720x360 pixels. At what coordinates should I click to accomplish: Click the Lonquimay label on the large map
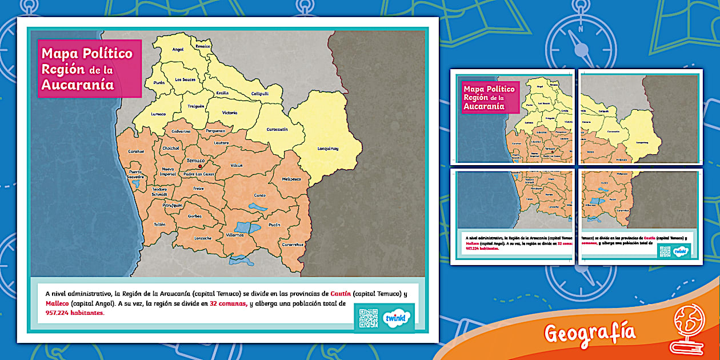click(x=328, y=149)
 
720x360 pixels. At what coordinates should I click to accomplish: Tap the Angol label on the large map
click(x=178, y=50)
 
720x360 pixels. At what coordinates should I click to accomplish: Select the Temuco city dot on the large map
click(x=200, y=167)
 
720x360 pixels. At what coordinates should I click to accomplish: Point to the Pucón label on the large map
click(x=274, y=225)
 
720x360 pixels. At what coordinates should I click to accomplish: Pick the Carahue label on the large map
click(x=136, y=151)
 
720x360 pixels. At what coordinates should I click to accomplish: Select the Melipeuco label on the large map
click(x=291, y=179)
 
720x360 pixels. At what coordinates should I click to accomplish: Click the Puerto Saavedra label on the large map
click(x=135, y=174)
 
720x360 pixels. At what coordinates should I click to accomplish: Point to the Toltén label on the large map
click(x=159, y=225)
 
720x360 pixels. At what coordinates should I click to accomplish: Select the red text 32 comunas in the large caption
click(x=228, y=303)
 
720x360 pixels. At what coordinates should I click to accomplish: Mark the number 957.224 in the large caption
click(x=57, y=313)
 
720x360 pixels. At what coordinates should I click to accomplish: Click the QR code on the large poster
click(x=368, y=318)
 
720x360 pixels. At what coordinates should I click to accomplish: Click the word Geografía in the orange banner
click(x=590, y=332)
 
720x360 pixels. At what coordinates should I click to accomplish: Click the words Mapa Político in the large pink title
click(x=87, y=54)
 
